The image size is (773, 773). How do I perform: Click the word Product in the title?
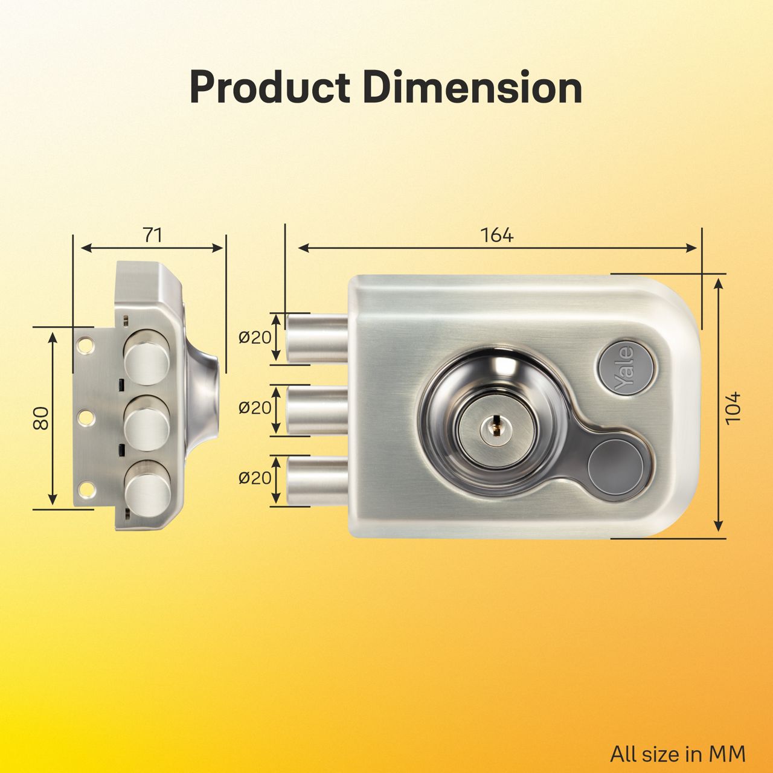pos(269,88)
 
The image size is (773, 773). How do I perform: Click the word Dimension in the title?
pos(473,88)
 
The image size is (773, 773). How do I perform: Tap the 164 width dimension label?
pos(497,235)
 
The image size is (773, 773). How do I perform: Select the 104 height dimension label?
pos(732,408)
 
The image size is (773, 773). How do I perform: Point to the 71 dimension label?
pos(152,235)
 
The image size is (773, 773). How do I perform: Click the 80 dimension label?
pos(40,418)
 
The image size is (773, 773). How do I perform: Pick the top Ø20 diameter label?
pos(255,337)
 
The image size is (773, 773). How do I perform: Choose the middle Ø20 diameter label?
pos(255,408)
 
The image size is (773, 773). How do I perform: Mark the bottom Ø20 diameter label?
pos(255,478)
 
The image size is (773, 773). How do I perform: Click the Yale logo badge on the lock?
pos(624,368)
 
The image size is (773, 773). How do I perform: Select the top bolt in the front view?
pos(317,338)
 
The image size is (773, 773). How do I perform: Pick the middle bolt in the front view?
pos(317,409)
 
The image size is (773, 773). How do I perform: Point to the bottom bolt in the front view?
pos(317,481)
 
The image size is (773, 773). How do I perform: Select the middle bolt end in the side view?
pos(147,417)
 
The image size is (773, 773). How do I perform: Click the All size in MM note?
pos(678,754)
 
